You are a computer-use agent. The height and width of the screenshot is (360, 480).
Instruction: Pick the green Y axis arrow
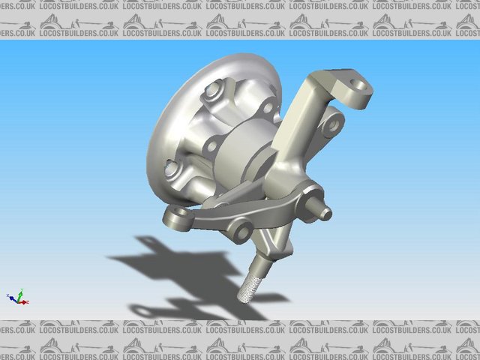coord(21,292)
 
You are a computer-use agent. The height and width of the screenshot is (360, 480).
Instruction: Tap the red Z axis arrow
coord(25,302)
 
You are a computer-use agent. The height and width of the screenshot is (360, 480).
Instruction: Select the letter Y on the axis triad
coord(22,289)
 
